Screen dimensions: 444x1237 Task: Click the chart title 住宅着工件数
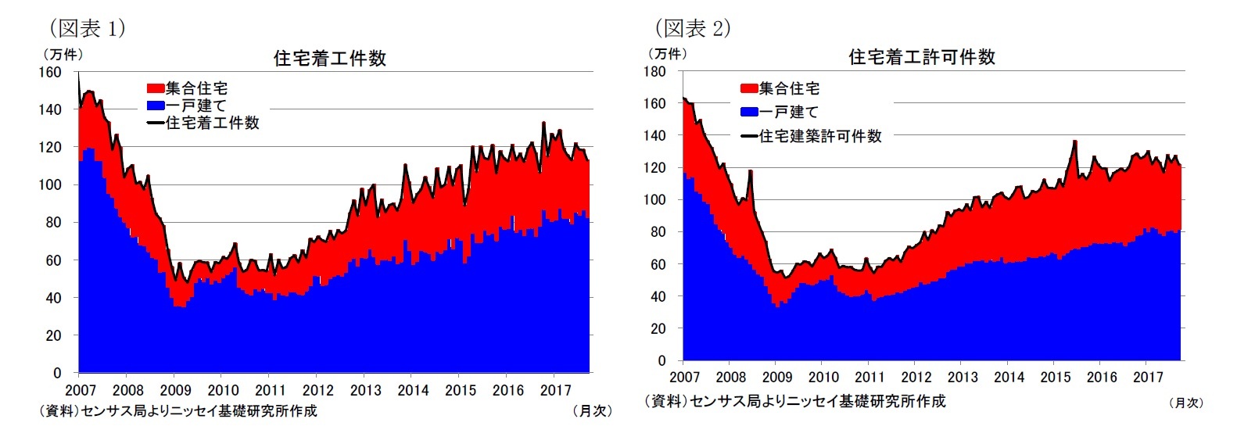[x=329, y=59]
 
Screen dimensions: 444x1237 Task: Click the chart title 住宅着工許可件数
[x=921, y=57]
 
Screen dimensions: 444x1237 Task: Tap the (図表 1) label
[x=87, y=29]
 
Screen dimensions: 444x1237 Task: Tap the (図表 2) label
[x=692, y=29]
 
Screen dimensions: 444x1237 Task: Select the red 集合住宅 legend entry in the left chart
[x=188, y=88]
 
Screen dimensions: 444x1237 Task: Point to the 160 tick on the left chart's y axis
[x=50, y=72]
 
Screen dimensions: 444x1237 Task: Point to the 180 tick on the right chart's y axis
[x=654, y=71]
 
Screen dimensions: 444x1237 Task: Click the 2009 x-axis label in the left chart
[x=175, y=390]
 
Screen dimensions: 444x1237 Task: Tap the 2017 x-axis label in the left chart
[x=555, y=390]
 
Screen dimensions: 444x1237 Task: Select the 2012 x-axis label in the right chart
[x=916, y=377]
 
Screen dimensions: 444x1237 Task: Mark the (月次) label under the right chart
[x=1185, y=403]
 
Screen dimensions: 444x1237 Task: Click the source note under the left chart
[x=178, y=410]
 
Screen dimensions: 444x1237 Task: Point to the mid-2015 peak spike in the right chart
[x=1075, y=141]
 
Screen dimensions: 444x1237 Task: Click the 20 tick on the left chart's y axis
[x=53, y=335]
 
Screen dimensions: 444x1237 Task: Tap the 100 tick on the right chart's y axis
[x=654, y=199]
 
